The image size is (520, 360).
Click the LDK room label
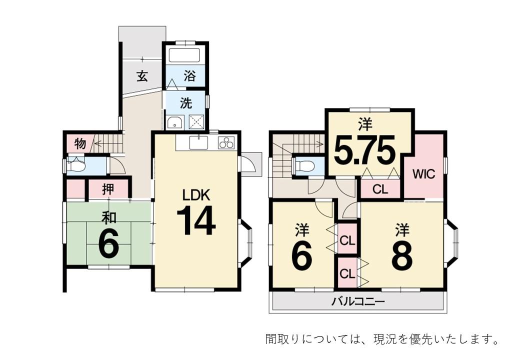coord(196,195)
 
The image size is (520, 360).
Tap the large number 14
coord(196,220)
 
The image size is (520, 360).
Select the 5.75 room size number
coord(365,150)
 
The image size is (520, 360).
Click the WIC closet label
coord(424,173)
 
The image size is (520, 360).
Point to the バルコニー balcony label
coord(358,302)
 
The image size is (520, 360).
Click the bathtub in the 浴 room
coord(184,55)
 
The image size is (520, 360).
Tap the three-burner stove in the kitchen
coord(226,143)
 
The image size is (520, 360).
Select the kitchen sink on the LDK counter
coord(198,143)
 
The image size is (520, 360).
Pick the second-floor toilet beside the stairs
coord(304,166)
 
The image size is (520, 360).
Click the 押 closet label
coord(108,189)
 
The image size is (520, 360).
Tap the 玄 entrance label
coord(142,76)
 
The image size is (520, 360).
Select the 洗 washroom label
coord(186,103)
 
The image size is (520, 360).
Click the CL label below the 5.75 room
coord(380,189)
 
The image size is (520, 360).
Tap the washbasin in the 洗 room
coord(175,122)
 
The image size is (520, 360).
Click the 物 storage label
coord(80,144)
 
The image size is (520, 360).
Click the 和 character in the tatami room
coord(108,218)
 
